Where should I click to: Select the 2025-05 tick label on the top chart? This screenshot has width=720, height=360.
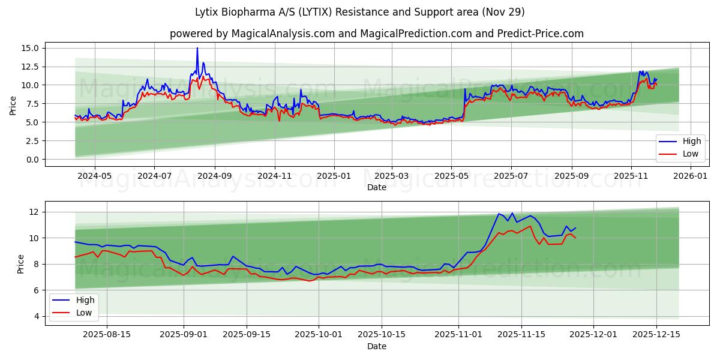pyautogui.click(x=451, y=176)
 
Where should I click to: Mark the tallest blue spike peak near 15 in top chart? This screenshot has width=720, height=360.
pyautogui.click(x=197, y=48)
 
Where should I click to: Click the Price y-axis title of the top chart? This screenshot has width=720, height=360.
pyautogui.click(x=13, y=106)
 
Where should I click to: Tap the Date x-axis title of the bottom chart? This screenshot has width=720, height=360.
pyautogui.click(x=377, y=346)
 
